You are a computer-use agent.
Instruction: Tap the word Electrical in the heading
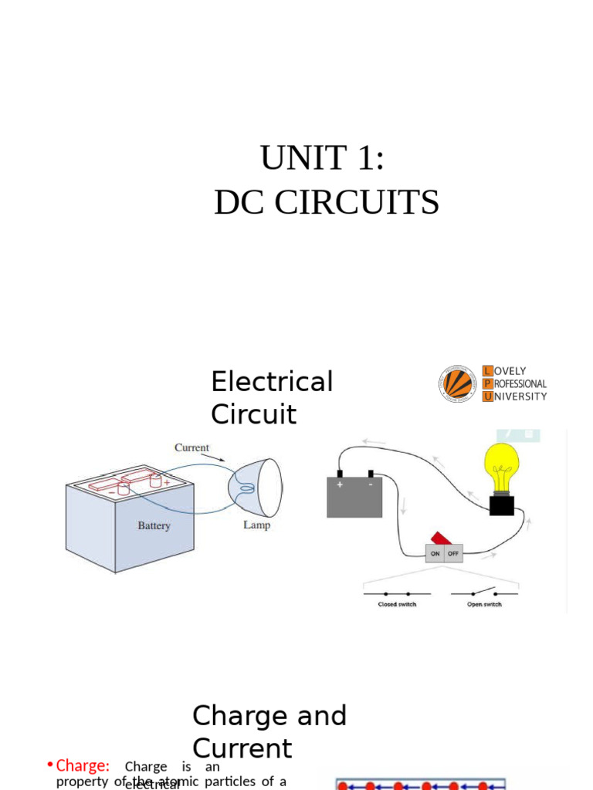(272, 382)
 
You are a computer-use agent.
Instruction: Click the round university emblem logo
(458, 383)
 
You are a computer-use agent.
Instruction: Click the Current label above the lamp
(191, 447)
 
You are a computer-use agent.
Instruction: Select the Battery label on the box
(154, 526)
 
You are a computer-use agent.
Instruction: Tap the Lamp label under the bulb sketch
(256, 525)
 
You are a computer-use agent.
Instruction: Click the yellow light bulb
(501, 468)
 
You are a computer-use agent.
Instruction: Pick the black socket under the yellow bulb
(502, 505)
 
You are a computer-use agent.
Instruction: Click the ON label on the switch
(435, 554)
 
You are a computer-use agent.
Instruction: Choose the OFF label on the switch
(453, 554)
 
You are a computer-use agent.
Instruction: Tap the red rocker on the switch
(441, 538)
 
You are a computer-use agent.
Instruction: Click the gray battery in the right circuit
(354, 497)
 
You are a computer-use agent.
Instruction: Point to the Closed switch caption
(397, 604)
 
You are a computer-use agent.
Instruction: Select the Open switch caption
(484, 604)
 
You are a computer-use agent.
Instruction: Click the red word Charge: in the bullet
(83, 766)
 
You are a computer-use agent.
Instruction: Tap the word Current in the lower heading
(242, 749)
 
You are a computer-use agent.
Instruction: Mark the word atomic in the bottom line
(179, 782)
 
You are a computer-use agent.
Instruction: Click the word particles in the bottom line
(229, 782)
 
